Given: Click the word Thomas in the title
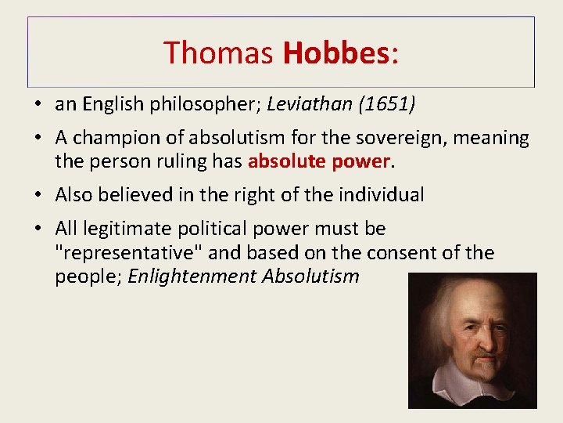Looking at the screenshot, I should point(218,52).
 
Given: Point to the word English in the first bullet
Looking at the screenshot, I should point(110,104).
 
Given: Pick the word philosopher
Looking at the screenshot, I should point(200,104).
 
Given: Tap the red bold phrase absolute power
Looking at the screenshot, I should point(318,161).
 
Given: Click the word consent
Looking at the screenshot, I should point(400,252).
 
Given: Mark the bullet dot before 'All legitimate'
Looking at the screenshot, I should point(38,230).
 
